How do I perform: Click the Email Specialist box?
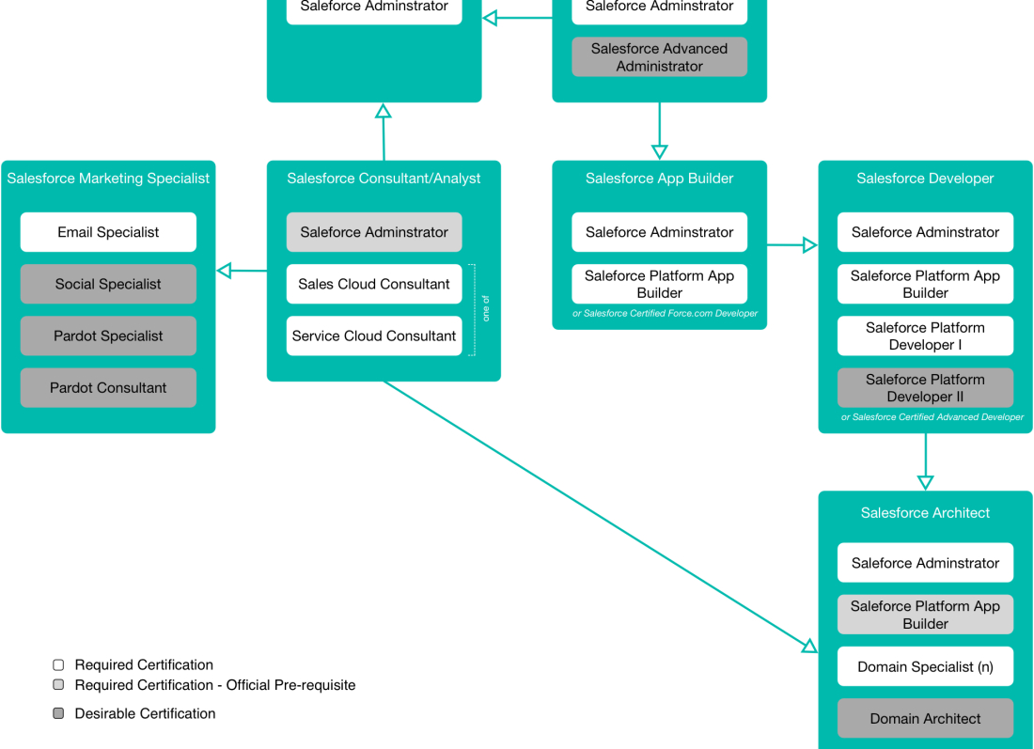(108, 232)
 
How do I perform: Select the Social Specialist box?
(108, 284)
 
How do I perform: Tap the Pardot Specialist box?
(108, 335)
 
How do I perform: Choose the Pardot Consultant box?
(108, 387)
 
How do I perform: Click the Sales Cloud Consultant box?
(374, 284)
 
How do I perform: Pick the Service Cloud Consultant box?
(374, 335)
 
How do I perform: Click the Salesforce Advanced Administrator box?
(659, 57)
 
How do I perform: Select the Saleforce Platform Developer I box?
(925, 336)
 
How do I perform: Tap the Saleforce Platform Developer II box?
(925, 388)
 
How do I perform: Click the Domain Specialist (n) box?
(925, 666)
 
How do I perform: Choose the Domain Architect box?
(925, 718)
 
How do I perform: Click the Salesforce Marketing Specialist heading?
(108, 179)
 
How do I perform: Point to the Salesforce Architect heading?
(925, 513)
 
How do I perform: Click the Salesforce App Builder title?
(659, 179)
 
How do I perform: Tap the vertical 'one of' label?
(486, 309)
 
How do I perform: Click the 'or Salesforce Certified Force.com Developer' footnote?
(665, 314)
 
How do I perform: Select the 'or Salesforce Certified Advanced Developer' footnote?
(932, 417)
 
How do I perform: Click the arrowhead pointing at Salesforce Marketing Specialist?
(224, 272)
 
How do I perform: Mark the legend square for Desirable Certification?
(58, 713)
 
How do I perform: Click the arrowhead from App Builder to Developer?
(809, 245)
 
